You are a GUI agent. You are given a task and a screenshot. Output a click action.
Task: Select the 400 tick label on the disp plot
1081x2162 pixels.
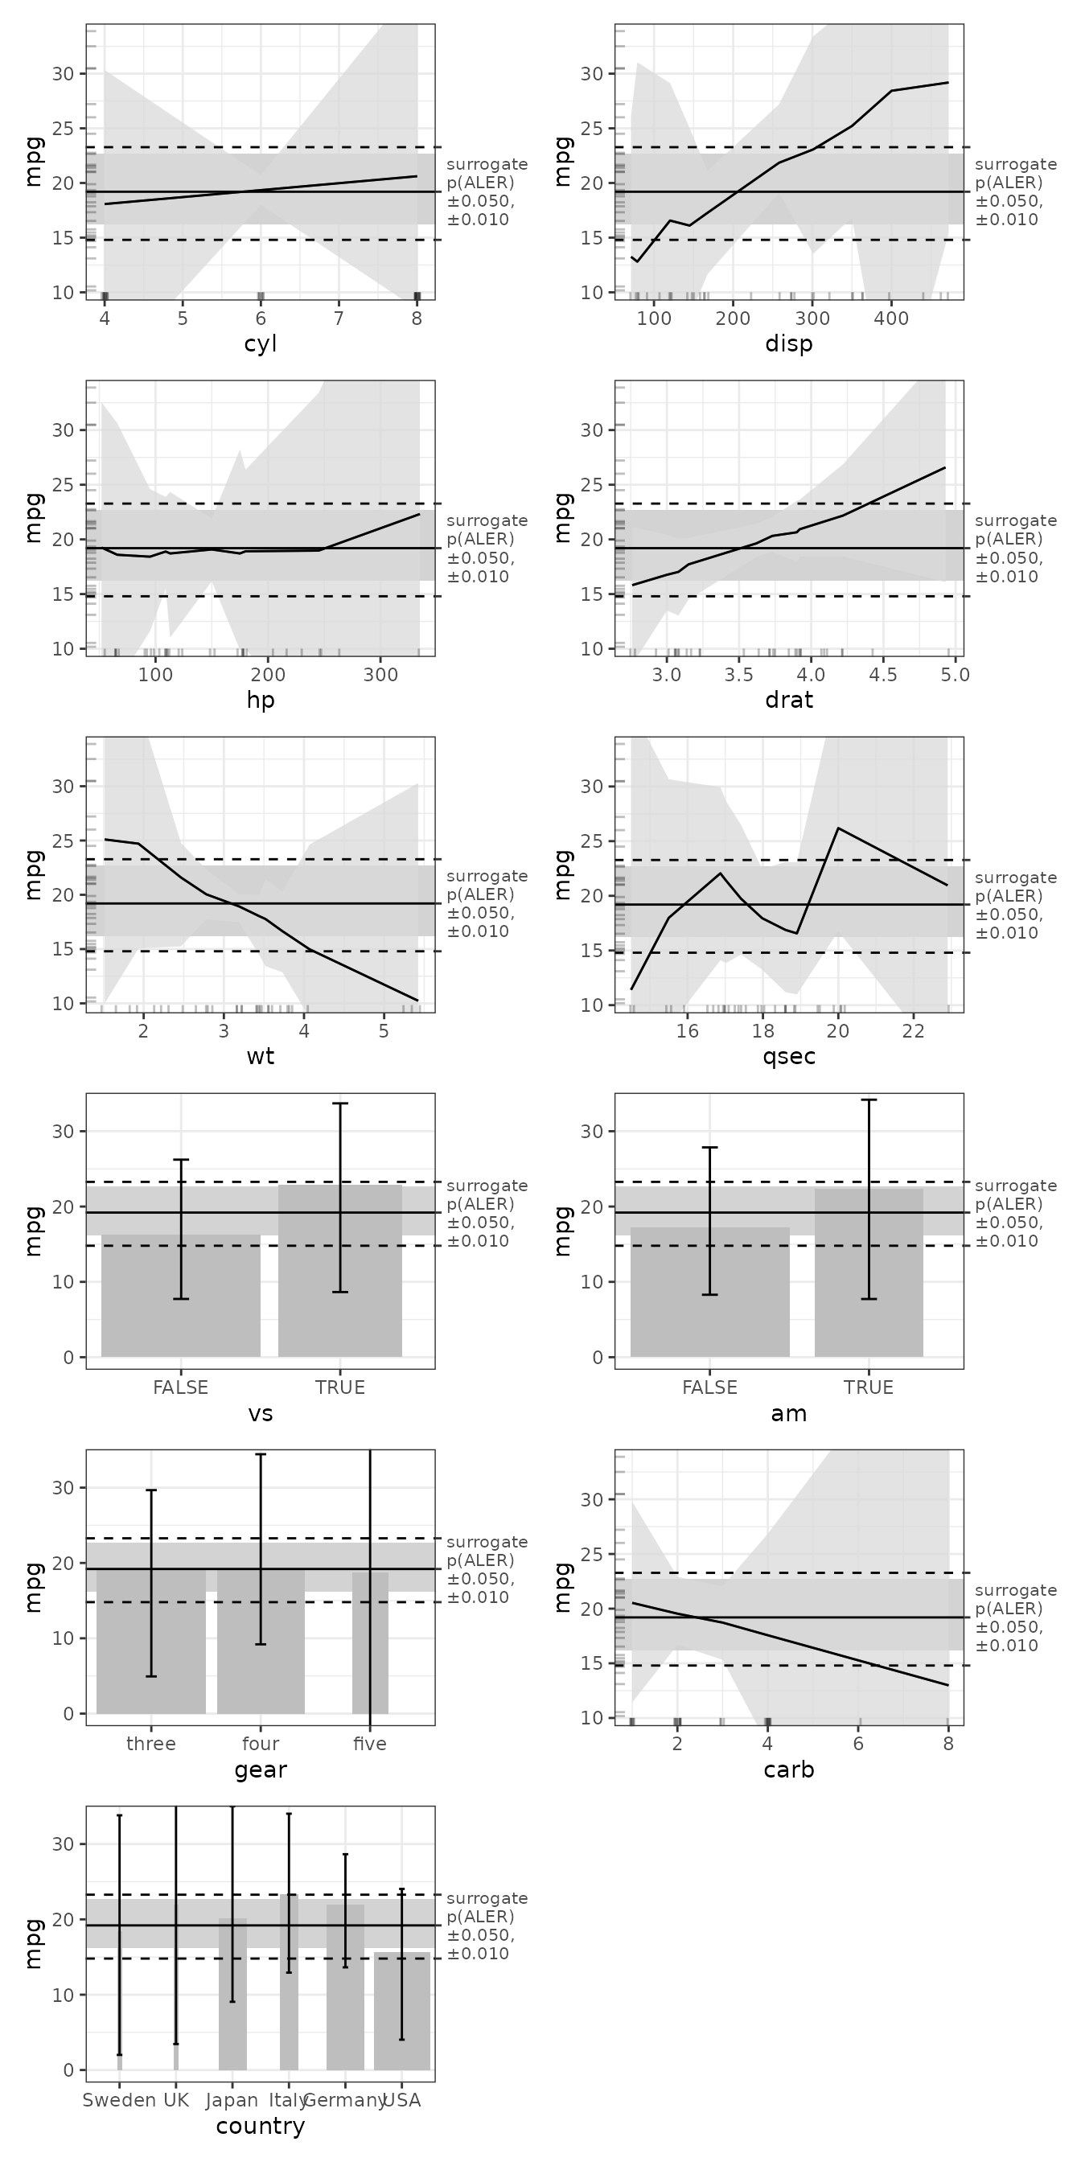tap(891, 319)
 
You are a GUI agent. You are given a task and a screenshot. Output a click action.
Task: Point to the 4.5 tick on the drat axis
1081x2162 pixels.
tap(883, 675)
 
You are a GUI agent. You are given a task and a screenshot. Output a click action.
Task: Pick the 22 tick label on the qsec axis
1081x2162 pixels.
tap(913, 1031)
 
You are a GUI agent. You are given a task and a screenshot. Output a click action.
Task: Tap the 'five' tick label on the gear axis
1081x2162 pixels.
tap(370, 1744)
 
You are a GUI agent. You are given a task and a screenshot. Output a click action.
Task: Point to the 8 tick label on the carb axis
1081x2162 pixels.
tap(948, 1744)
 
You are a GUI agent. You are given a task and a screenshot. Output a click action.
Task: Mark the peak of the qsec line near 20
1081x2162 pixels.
tap(838, 828)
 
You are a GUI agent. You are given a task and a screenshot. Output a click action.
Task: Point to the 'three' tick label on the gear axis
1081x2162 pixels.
tap(151, 1744)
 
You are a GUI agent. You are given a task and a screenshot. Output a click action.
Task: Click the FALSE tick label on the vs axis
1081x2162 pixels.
tap(180, 1387)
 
